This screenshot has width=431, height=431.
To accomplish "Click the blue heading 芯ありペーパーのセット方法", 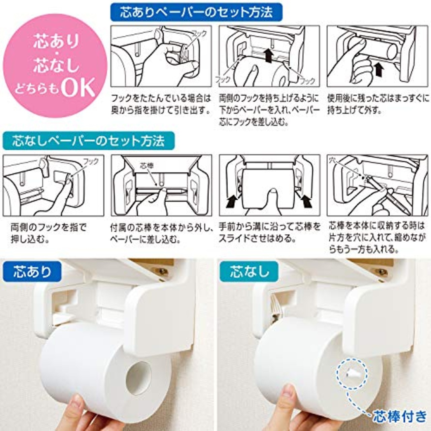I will [196, 12].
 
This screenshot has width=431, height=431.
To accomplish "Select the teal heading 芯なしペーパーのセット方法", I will [88, 140].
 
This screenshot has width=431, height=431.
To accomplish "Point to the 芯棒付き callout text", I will [399, 417].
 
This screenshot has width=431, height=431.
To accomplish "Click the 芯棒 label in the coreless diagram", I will [146, 166].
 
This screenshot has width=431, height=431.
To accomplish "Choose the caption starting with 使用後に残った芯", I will [378, 104].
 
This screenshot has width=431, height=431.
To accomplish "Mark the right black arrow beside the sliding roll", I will [306, 202].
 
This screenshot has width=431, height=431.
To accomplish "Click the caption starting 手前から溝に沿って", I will [269, 232].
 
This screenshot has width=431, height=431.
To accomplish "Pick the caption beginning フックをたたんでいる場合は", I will [161, 104].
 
